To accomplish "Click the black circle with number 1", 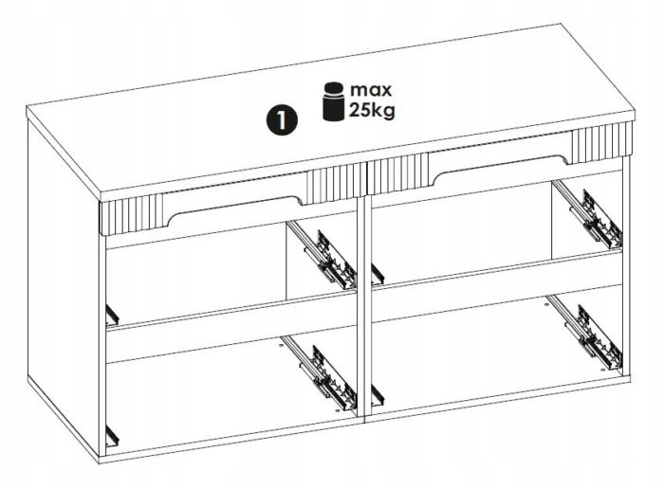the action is point(282,120).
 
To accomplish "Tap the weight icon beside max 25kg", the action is point(333,101).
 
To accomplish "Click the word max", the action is point(371,90).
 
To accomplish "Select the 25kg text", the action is point(372,111).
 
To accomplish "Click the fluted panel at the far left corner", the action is point(131,213).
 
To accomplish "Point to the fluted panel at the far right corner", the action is point(602,142).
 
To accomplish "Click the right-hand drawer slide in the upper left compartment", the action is point(322,255).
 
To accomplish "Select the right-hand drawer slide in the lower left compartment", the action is point(319,372).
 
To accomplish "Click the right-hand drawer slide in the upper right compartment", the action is point(588,214).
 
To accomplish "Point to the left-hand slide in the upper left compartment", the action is point(112,315).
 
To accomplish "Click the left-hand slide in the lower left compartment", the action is point(112,435).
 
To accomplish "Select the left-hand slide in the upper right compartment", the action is point(378,273).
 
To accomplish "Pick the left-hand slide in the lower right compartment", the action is point(378,395).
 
